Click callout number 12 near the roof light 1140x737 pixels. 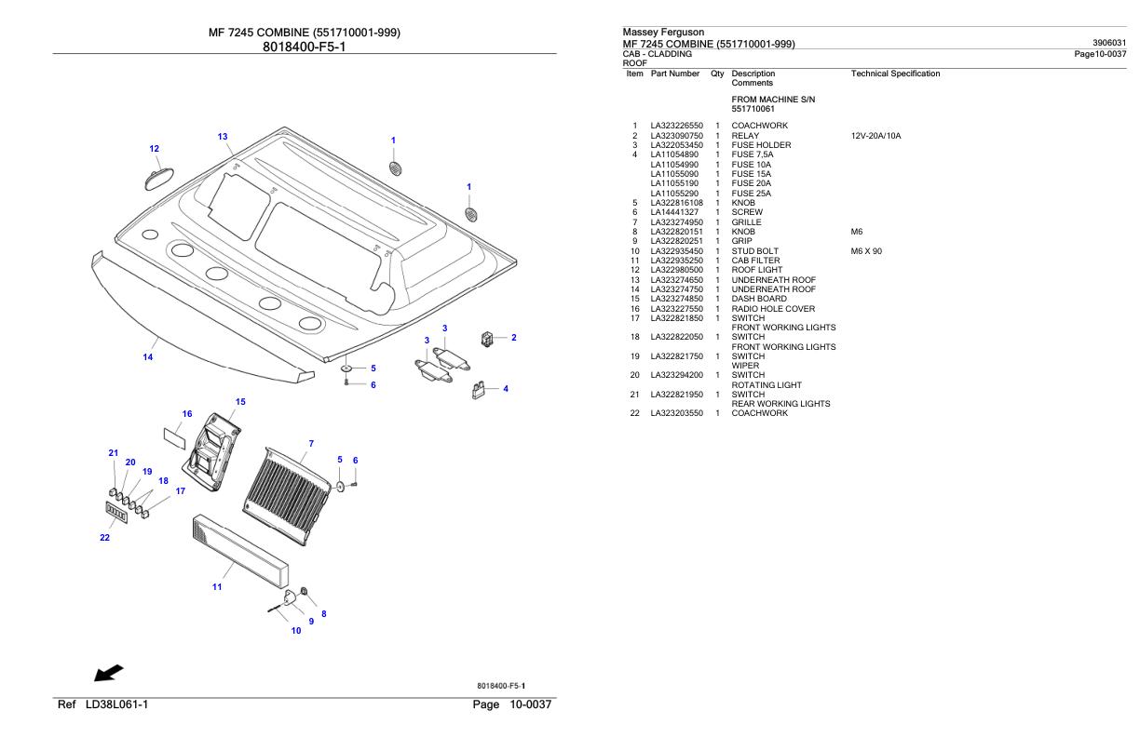[155, 148]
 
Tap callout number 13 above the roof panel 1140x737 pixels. [223, 137]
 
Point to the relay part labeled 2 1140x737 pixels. [486, 338]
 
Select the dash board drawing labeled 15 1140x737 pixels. [216, 444]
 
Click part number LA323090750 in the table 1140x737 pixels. [676, 136]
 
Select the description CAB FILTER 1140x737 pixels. [755, 261]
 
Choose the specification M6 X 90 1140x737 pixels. [866, 251]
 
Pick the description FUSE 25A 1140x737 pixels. [751, 194]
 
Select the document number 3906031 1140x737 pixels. [1107, 43]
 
